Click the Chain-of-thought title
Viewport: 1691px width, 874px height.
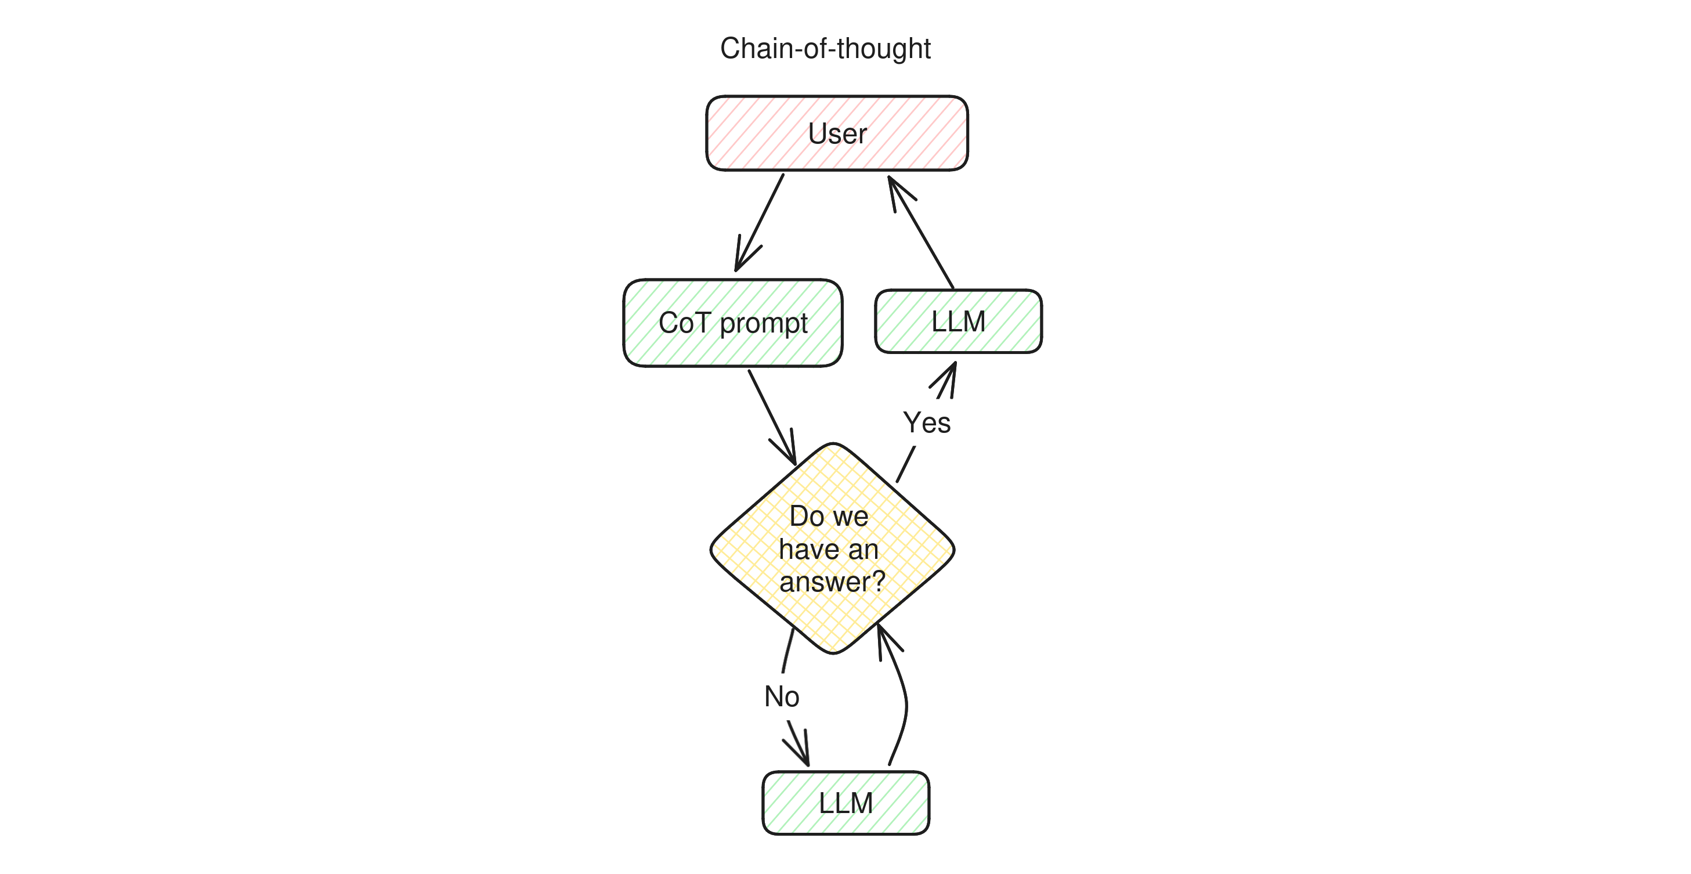click(x=825, y=49)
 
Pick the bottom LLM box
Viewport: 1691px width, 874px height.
click(x=845, y=803)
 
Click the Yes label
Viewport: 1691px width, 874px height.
click(x=926, y=422)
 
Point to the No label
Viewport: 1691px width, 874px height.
click(x=781, y=696)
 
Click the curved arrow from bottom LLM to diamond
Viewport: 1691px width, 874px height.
click(x=905, y=703)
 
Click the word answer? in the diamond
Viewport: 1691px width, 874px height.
click(x=832, y=582)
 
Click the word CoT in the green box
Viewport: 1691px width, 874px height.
click(x=684, y=323)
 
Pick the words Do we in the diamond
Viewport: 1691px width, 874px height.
click(x=829, y=516)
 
